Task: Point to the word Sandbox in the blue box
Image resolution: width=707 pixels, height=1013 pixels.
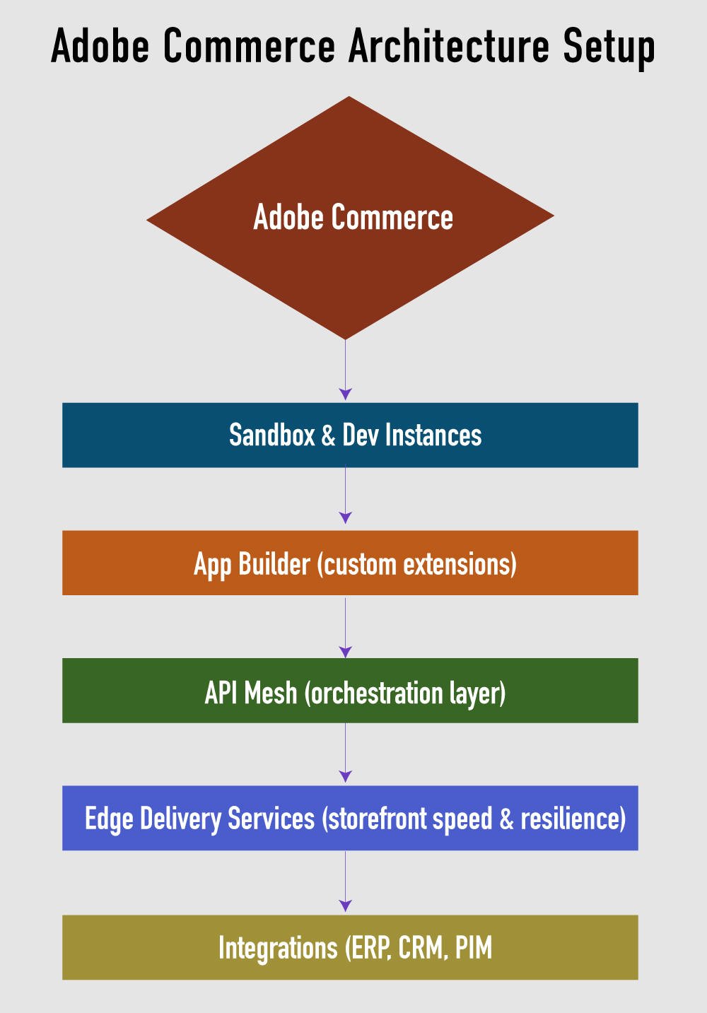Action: pos(271,435)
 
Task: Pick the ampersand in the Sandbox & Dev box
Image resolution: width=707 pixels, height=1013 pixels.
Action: pos(328,435)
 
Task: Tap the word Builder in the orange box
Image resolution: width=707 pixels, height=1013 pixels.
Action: pos(274,564)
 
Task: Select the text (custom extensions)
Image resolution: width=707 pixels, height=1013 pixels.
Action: pos(417,564)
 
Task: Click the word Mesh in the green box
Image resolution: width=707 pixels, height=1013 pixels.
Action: pos(271,693)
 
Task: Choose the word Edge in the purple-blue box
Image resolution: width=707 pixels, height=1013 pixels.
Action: pos(108,819)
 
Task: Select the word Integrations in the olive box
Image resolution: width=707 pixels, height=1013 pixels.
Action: pos(278,948)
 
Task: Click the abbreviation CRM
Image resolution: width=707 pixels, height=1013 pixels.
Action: pos(422,948)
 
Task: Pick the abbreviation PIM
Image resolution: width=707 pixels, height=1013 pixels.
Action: pos(473,948)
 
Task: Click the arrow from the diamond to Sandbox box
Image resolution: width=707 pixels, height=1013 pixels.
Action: pos(345,368)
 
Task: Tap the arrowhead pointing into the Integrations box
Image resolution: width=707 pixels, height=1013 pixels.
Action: pos(345,906)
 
